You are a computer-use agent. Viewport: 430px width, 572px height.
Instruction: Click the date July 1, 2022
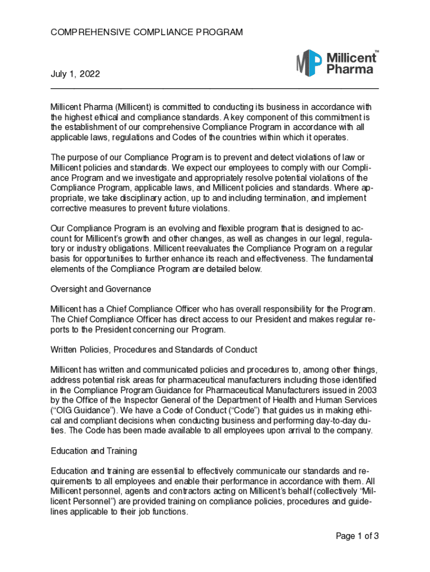pyautogui.click(x=75, y=74)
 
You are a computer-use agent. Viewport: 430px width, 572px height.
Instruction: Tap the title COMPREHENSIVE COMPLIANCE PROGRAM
pyautogui.click(x=147, y=32)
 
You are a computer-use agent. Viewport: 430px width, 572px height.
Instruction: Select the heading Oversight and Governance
pyautogui.click(x=101, y=289)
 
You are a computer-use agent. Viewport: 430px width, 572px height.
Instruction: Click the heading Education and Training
pyautogui.click(x=94, y=451)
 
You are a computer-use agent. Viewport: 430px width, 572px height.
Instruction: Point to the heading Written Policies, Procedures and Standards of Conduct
pyautogui.click(x=154, y=350)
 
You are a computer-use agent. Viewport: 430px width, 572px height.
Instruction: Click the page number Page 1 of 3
pyautogui.click(x=357, y=536)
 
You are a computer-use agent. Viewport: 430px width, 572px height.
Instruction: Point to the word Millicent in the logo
pyautogui.click(x=350, y=58)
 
